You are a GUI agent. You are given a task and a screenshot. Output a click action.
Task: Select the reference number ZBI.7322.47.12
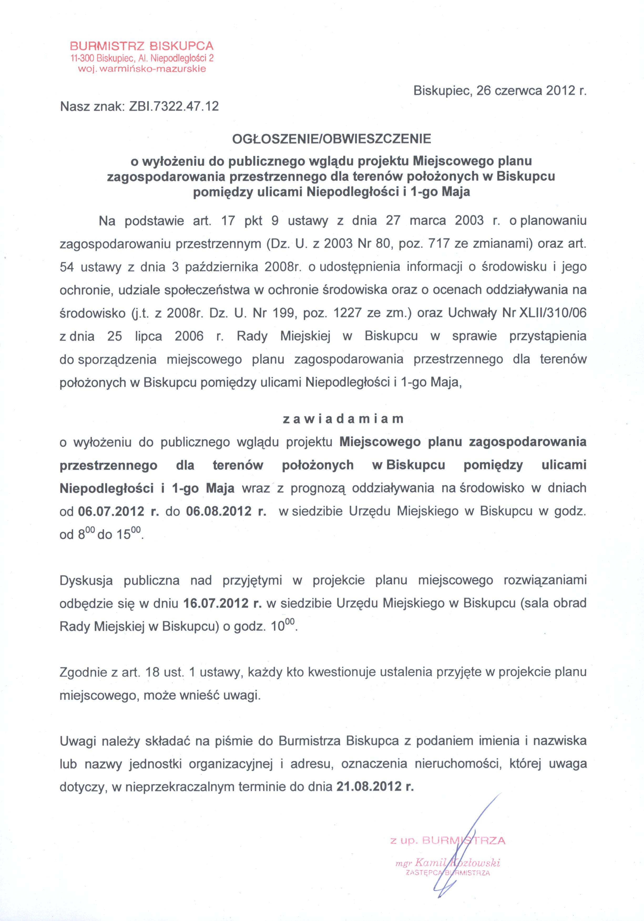tap(173, 107)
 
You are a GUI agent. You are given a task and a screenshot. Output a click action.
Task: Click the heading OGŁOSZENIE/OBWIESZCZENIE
tap(332, 139)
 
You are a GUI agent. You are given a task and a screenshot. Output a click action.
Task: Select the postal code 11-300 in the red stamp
tap(82, 58)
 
